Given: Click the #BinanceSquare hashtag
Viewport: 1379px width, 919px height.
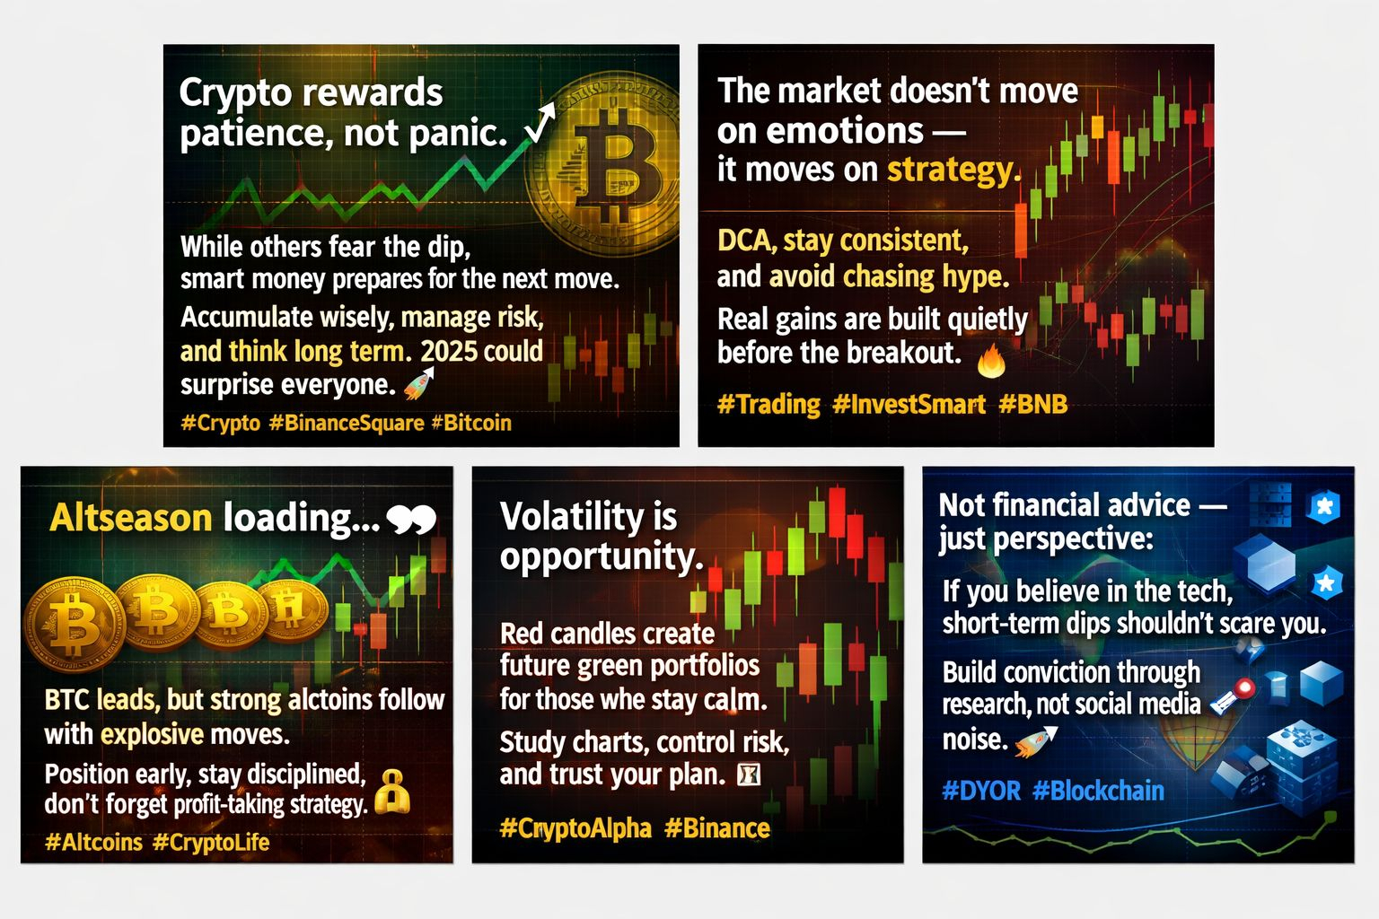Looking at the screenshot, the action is pos(347,423).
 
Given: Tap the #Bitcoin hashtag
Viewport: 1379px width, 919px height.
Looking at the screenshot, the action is pos(471,423).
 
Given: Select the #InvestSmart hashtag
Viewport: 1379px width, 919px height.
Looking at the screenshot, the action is pos(909,405).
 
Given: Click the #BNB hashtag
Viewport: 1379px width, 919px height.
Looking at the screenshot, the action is pos(1033,404).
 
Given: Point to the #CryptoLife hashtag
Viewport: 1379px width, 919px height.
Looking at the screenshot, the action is pos(211,842).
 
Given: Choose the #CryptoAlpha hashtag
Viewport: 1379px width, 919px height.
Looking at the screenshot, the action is pos(575,827).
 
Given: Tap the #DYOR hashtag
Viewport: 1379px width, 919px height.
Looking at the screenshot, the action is pos(981,791).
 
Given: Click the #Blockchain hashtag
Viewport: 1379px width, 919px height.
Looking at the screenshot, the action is pos(1098,791).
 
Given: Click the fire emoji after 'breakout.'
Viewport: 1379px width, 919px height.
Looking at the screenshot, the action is pos(991,362).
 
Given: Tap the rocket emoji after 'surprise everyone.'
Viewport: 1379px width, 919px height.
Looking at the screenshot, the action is pos(419,383).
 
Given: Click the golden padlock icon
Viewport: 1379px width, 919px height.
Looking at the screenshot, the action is pos(392,792).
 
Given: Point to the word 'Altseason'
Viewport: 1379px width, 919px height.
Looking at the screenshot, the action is pos(130,517).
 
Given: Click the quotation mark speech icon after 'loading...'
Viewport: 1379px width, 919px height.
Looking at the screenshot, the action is pos(411,521).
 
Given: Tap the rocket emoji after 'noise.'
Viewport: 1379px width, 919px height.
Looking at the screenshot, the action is pos(1036,740).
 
